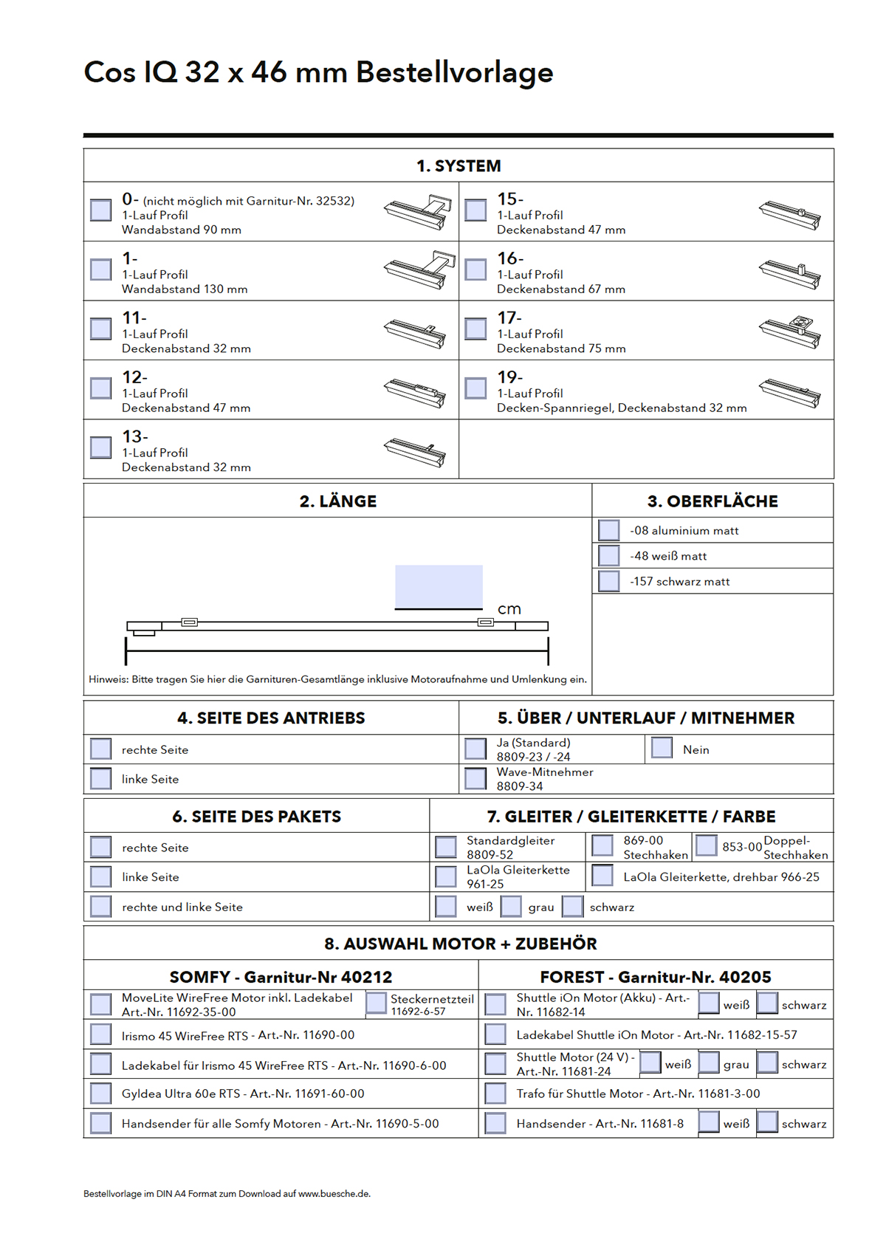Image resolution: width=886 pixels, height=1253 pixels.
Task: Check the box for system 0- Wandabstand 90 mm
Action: point(100,210)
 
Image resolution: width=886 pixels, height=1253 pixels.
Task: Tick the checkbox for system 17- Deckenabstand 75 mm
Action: point(475,329)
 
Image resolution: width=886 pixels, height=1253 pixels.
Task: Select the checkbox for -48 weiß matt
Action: point(609,555)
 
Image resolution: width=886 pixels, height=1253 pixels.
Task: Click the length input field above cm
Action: point(439,586)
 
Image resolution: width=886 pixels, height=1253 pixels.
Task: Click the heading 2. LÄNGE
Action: point(337,501)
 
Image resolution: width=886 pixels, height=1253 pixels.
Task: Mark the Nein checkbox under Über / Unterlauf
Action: point(662,748)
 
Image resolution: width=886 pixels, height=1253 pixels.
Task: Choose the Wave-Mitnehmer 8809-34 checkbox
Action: point(475,778)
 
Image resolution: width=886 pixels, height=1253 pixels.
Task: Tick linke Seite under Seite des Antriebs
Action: point(100,778)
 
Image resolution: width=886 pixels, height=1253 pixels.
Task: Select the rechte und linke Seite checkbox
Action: point(100,906)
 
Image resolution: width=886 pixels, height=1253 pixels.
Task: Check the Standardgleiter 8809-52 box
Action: point(445,847)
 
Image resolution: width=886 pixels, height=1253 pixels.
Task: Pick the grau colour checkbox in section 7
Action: point(511,906)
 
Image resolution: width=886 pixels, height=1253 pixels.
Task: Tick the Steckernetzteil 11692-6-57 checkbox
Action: point(376,1003)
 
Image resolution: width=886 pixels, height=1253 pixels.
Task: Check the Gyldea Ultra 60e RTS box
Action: point(100,1094)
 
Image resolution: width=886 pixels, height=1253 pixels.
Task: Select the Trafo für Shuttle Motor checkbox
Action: point(495,1094)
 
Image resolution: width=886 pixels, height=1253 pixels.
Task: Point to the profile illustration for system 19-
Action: point(790,391)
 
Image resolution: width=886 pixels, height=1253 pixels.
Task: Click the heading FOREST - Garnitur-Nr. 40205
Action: point(656,977)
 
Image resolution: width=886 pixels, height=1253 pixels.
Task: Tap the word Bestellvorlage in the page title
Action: point(454,72)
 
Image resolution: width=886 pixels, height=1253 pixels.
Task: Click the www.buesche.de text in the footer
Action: point(333,1193)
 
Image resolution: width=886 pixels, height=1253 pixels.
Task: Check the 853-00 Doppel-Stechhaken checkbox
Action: point(707,845)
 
